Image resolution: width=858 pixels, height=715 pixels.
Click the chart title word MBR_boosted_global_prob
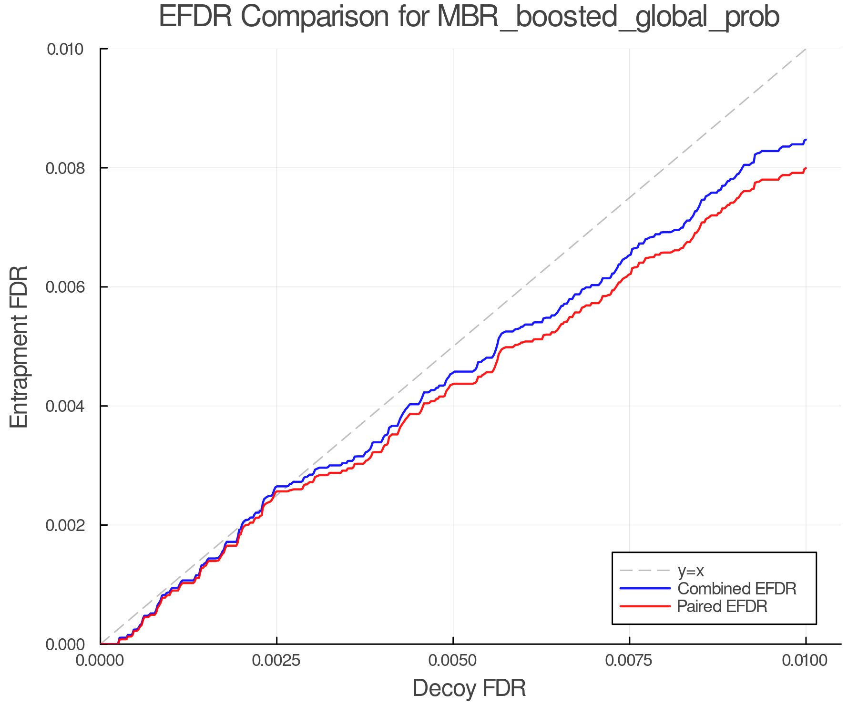click(608, 17)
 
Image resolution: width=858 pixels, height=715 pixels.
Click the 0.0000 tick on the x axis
click(100, 661)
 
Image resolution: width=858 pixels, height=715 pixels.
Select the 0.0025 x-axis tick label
click(276, 661)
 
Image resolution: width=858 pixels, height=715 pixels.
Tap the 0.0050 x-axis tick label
click(453, 661)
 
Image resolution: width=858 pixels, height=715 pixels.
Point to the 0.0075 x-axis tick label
click(629, 661)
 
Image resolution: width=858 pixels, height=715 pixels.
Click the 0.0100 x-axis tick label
click(806, 661)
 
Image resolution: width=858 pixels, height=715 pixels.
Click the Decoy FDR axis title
click(469, 688)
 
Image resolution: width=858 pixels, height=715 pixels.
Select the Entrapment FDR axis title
click(20, 347)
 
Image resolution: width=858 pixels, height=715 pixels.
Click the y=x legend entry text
click(691, 571)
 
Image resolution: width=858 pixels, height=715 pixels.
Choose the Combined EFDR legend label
click(736, 589)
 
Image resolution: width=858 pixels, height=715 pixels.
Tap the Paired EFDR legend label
click(722, 606)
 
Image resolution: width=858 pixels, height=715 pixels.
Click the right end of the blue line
click(806, 140)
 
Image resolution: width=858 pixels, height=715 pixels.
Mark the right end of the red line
click(806, 168)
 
